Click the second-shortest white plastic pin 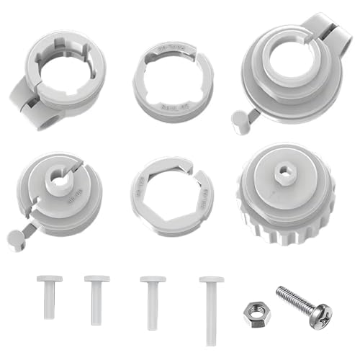96,297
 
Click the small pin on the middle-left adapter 22,232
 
